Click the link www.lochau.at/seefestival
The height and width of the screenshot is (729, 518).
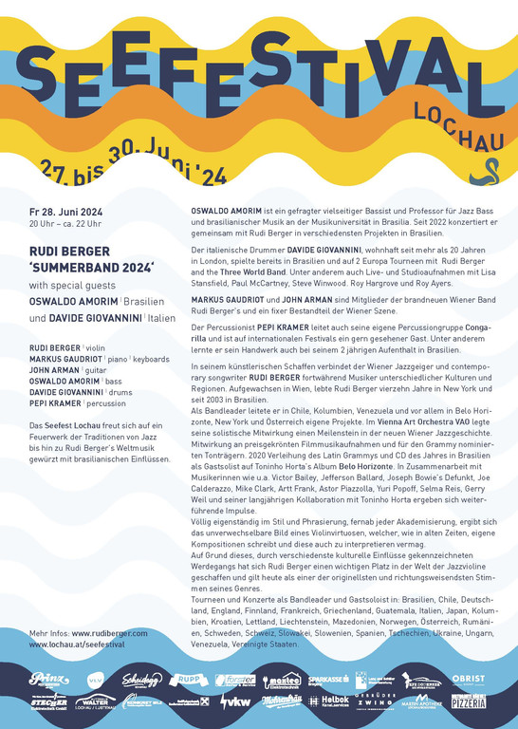click(x=77, y=645)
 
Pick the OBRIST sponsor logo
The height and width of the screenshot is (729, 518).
click(x=469, y=680)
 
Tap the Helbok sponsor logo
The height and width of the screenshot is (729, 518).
click(x=332, y=701)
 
